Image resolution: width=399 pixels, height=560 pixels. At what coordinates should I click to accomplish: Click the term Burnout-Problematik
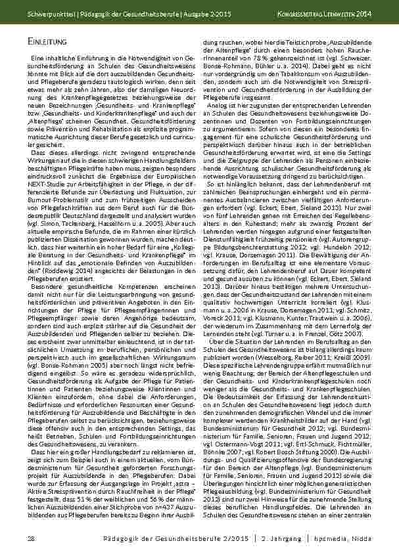tap(55, 196)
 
